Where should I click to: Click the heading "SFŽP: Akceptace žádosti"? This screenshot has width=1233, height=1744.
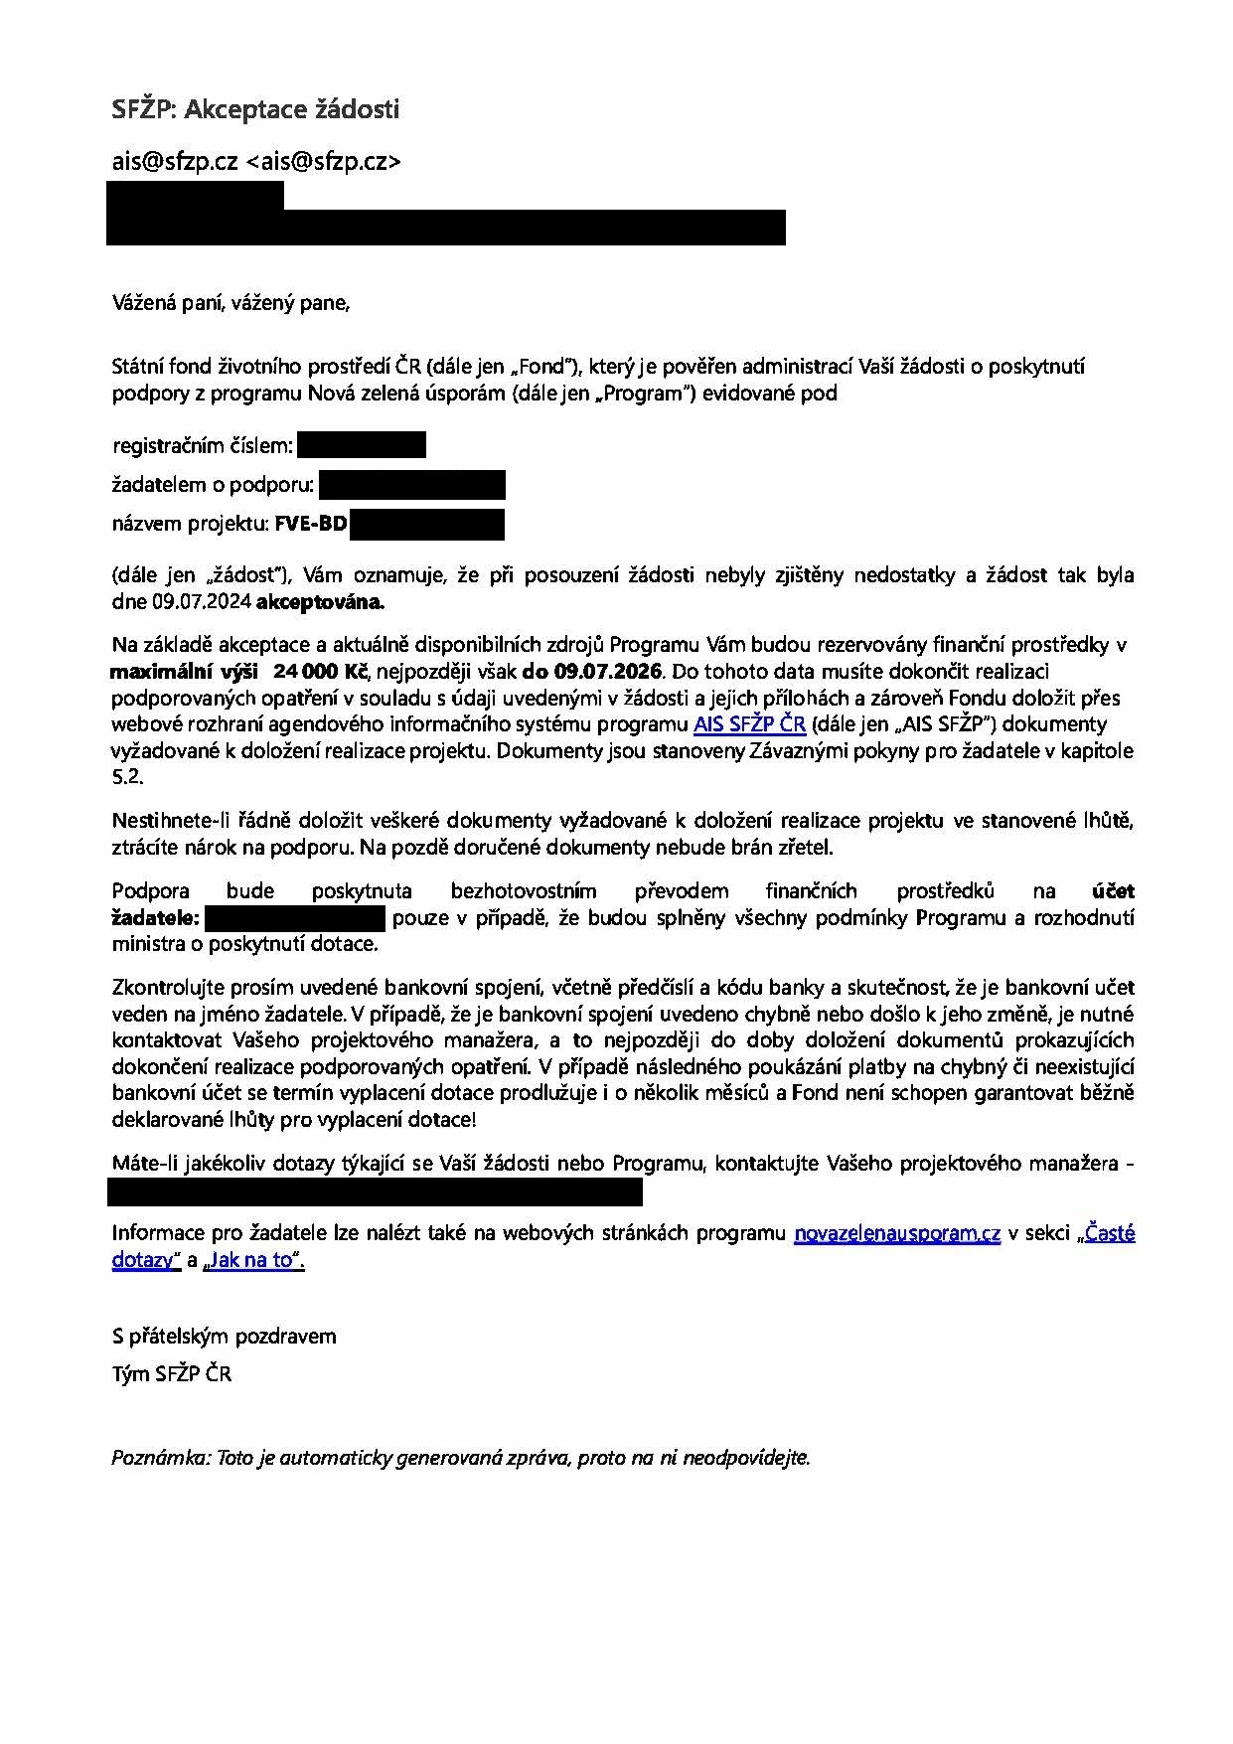(x=255, y=109)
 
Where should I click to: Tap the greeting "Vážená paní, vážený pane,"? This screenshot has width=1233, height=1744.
(x=231, y=304)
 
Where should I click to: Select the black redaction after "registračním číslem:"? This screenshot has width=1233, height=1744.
(x=362, y=445)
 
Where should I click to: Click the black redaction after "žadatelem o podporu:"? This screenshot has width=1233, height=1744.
(x=412, y=485)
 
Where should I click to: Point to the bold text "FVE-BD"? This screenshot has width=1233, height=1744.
(x=311, y=524)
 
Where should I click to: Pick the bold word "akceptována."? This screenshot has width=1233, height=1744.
(x=320, y=601)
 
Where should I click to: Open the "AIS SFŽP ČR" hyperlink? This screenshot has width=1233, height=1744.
(x=749, y=724)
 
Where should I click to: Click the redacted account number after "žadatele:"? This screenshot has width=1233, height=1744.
(x=294, y=917)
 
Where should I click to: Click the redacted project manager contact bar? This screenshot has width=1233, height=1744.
(x=376, y=1191)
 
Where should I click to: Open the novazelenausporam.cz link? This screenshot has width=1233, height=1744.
(x=897, y=1234)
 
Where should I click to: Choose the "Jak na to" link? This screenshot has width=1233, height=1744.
(x=252, y=1261)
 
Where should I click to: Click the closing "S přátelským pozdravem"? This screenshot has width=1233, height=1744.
(x=224, y=1336)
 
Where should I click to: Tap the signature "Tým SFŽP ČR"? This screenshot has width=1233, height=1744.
(x=171, y=1374)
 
